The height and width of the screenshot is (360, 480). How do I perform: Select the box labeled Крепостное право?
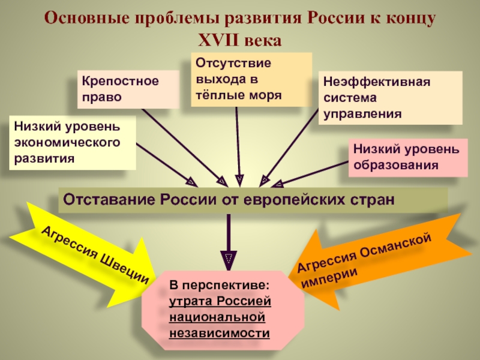click(x=128, y=89)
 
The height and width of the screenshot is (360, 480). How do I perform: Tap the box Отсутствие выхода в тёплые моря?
click(x=251, y=79)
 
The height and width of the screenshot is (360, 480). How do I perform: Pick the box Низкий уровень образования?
click(x=407, y=157)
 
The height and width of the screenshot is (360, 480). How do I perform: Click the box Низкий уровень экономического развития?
click(x=73, y=143)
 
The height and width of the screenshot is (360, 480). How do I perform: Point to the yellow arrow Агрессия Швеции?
click(x=90, y=252)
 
